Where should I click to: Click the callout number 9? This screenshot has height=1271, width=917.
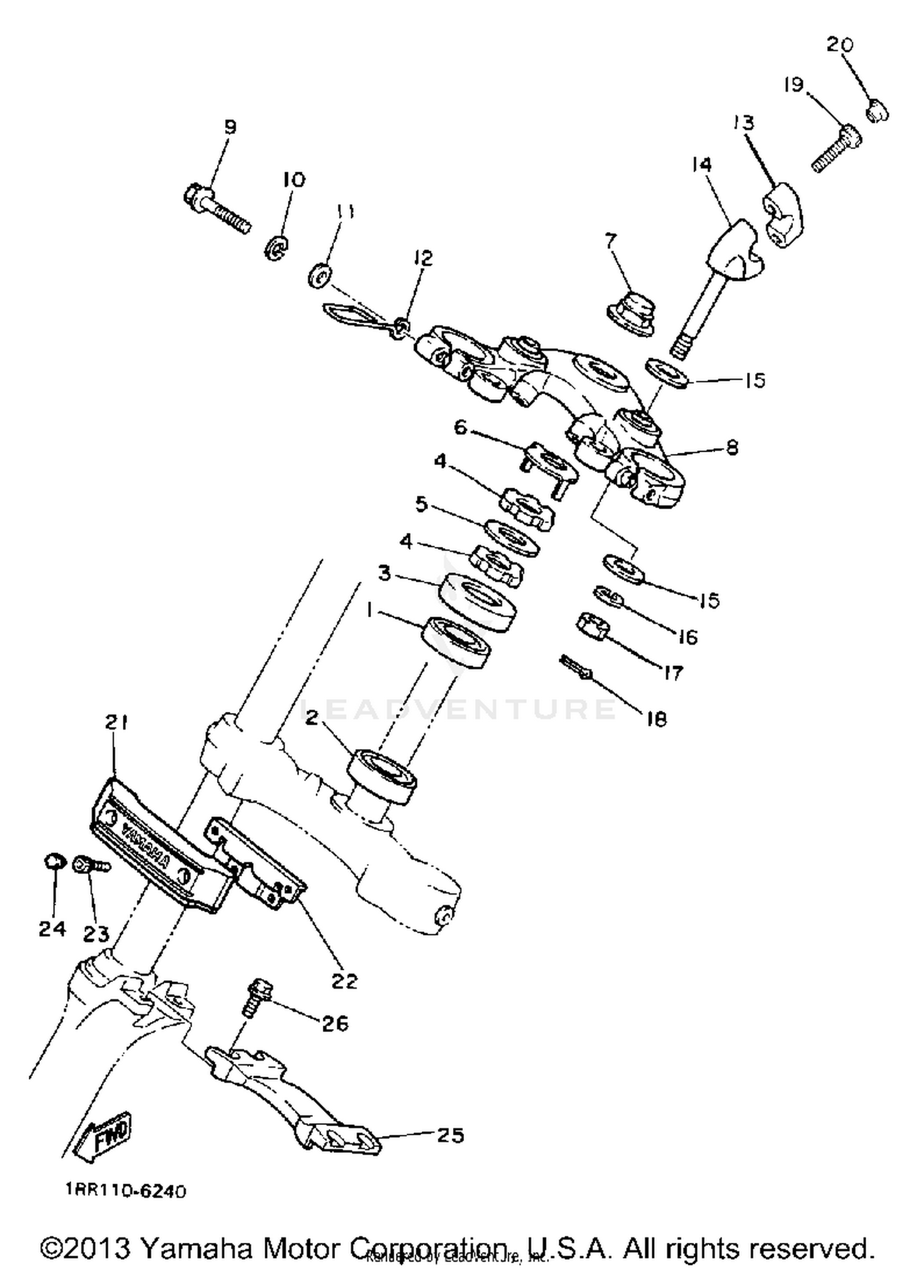click(x=230, y=126)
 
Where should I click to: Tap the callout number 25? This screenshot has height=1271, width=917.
click(x=451, y=1135)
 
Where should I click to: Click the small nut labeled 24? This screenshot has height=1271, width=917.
click(x=54, y=862)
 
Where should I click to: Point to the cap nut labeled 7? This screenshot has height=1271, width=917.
click(x=630, y=313)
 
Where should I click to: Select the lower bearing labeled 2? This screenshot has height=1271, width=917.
click(x=382, y=771)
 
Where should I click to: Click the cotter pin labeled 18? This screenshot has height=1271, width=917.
click(x=575, y=668)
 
